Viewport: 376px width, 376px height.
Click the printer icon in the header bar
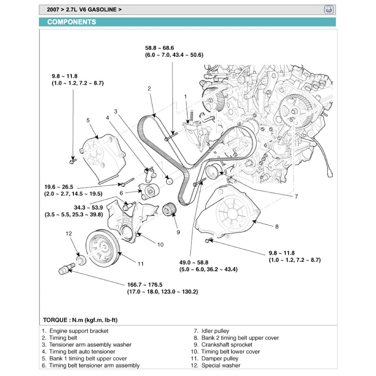coord(328,10)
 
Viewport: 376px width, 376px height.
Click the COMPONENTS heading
coord(71,22)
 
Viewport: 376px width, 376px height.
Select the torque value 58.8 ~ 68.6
coord(162,48)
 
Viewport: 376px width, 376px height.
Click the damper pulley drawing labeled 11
coord(102,248)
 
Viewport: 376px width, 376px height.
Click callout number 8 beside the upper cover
coord(277,227)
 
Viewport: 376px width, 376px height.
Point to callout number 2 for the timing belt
coord(149,89)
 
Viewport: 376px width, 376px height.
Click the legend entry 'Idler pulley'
coord(215,331)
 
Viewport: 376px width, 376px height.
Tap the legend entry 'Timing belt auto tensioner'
coord(82,352)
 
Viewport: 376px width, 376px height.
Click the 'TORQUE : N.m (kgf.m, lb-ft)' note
coord(80,320)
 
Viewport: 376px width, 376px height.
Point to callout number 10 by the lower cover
coord(160,244)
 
